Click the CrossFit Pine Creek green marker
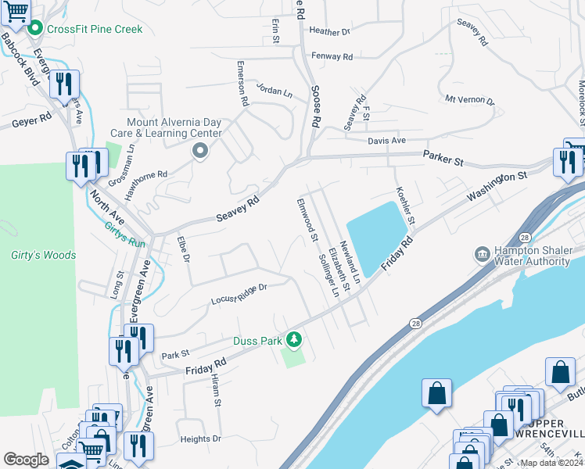pos(34,29)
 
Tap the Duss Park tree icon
pos(294,340)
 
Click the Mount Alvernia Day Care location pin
pos(200,151)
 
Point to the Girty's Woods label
pos(43,255)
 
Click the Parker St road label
pos(444,158)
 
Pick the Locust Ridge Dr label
pos(239,294)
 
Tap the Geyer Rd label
pos(31,119)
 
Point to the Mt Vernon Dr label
pos(470,100)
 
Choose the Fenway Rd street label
pos(332,56)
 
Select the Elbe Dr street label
pos(184,249)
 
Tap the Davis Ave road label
pos(387,141)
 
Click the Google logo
pos(26,460)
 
